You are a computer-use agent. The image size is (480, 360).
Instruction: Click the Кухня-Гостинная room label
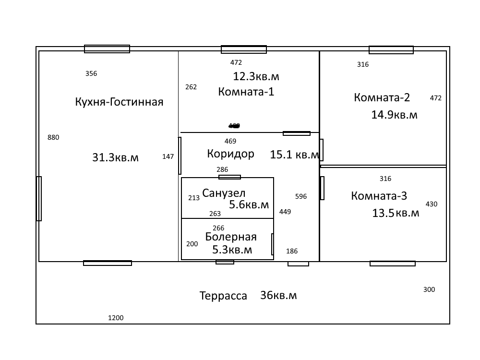119,102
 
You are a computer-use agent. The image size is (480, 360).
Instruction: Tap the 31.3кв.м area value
115,157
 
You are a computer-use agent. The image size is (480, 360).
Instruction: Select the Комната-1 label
246,92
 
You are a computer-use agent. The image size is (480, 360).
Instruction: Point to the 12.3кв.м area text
256,76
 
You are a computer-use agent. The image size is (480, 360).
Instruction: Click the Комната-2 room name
382,97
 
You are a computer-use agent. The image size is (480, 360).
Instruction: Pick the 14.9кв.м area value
394,115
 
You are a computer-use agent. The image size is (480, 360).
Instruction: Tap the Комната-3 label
379,196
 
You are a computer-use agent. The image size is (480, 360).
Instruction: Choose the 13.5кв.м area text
396,213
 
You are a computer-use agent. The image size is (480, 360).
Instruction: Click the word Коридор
230,154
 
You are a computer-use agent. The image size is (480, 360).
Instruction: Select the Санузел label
224,193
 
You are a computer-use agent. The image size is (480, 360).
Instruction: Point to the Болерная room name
231,237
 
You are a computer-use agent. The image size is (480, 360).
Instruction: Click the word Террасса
223,296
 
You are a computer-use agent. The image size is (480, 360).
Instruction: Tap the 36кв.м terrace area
278,296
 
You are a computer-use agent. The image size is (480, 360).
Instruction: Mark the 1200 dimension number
116,318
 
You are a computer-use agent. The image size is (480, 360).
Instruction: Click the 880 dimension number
53,137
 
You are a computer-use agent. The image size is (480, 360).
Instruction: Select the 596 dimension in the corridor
301,196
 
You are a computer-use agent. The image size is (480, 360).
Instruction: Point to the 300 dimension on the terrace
429,289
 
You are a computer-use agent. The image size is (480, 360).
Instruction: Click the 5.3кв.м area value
232,250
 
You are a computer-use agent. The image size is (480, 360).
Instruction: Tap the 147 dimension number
168,156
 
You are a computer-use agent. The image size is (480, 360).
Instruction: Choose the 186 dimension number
292,251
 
